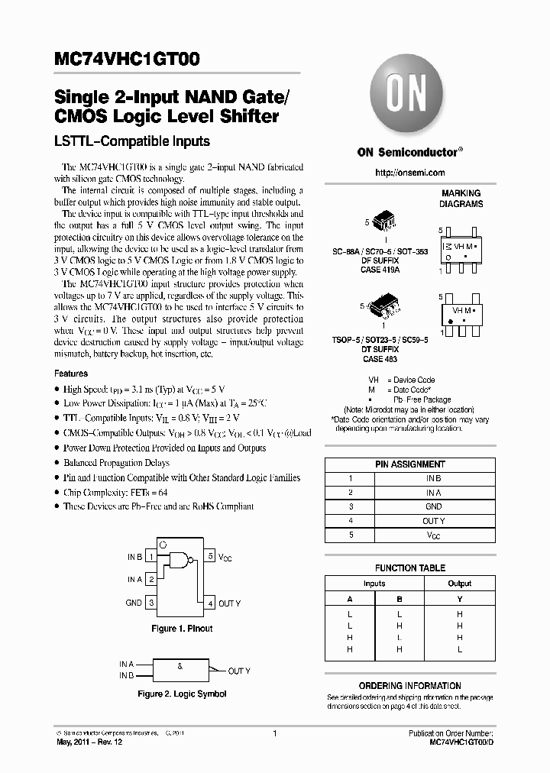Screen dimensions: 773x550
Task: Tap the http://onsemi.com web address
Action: coord(410,173)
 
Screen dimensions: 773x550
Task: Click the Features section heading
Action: coord(71,374)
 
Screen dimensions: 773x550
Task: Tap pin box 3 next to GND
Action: coord(152,603)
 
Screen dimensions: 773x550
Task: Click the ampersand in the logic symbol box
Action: coord(180,667)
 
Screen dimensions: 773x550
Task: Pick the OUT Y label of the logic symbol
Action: coord(239,671)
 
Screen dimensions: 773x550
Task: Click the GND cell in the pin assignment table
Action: coord(434,506)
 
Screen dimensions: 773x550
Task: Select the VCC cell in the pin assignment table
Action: coord(434,535)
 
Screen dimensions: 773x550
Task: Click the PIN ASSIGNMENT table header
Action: coord(410,464)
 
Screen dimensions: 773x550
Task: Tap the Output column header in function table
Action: coord(460,584)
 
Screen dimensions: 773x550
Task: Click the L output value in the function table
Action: coord(460,648)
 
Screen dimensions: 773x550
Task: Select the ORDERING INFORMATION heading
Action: coord(410,686)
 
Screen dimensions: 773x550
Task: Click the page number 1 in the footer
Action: coord(274,733)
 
